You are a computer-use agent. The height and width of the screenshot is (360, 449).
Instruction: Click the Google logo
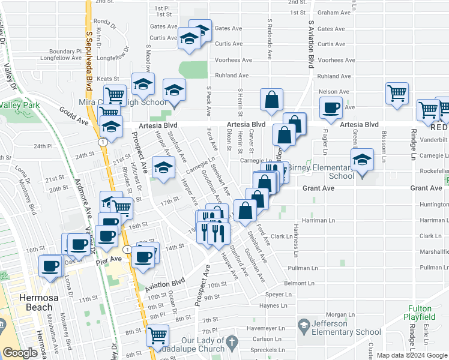pyautogui.click(x=20, y=353)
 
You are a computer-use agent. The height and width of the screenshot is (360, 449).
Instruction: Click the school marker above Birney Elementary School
pyautogui.click(x=362, y=160)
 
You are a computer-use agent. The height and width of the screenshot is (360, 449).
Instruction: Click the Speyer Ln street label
pyautogui.click(x=278, y=295)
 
